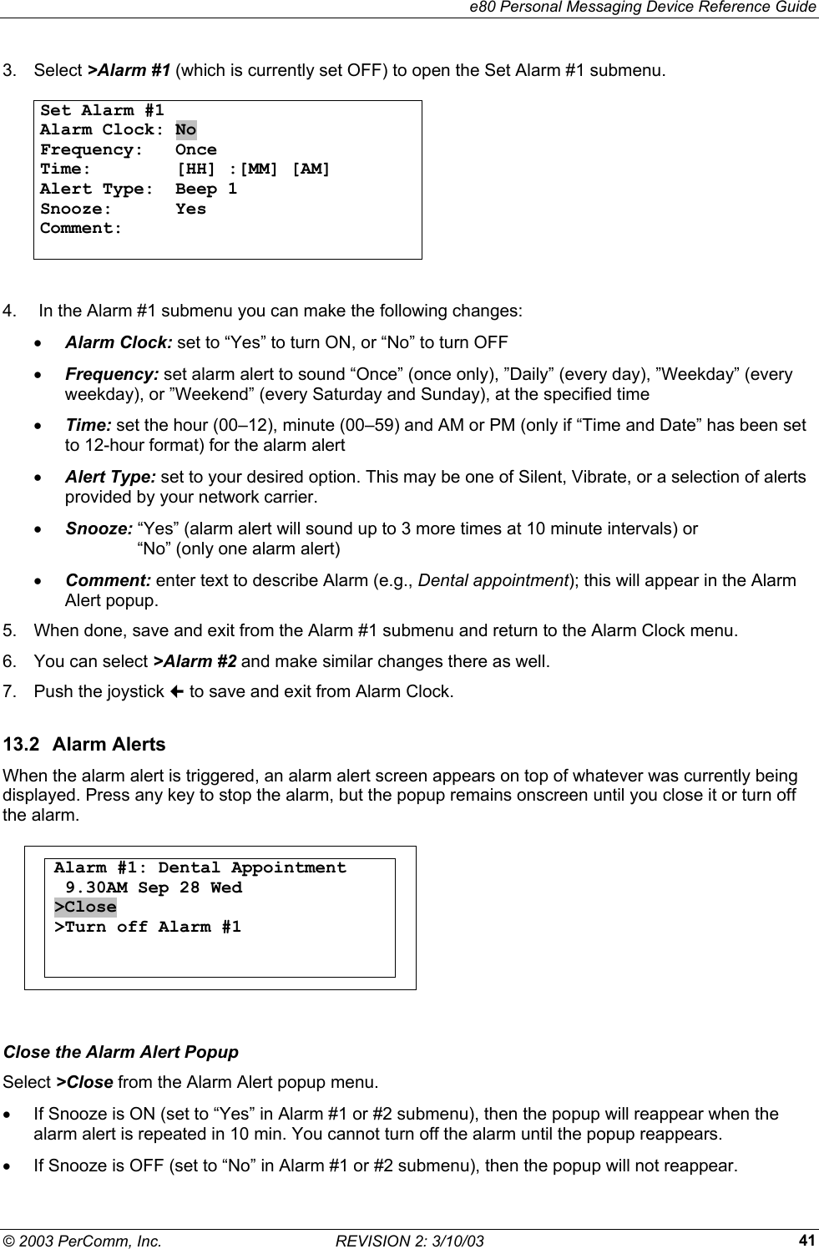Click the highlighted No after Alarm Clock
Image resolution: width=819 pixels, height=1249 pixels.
click(x=185, y=130)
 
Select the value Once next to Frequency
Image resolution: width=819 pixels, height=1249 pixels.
click(x=195, y=150)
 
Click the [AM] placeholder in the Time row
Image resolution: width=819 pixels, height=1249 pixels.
click(x=311, y=169)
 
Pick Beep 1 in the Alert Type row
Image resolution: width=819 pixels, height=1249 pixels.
click(x=205, y=190)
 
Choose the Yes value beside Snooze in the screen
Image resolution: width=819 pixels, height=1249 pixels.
click(x=190, y=209)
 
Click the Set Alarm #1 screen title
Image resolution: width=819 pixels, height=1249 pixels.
click(x=102, y=110)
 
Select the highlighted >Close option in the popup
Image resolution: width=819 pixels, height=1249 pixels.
click(x=85, y=908)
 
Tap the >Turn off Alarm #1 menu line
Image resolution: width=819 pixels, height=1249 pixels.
click(x=148, y=927)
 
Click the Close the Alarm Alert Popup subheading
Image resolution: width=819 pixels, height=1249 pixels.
click(x=121, y=1052)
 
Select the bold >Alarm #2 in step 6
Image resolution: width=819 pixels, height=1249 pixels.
click(x=195, y=662)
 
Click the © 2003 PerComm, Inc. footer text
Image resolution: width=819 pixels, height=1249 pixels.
click(x=82, y=1241)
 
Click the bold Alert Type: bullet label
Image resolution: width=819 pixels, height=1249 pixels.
click(x=110, y=477)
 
